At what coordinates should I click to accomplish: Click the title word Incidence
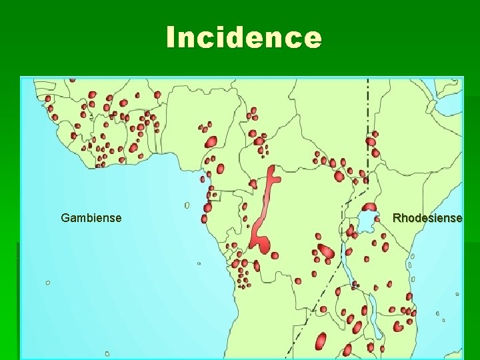(x=243, y=37)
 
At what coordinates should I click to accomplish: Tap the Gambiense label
(x=91, y=217)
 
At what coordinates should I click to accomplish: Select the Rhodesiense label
(x=427, y=218)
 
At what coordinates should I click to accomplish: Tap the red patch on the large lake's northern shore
(x=369, y=207)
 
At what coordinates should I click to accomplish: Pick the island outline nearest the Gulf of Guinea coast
(x=187, y=205)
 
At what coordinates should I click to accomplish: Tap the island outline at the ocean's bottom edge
(x=107, y=353)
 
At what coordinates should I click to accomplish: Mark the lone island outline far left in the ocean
(x=48, y=283)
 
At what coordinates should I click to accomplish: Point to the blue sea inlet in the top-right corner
(x=447, y=85)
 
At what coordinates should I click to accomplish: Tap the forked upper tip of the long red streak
(x=271, y=175)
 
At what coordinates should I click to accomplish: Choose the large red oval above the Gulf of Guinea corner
(x=211, y=141)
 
